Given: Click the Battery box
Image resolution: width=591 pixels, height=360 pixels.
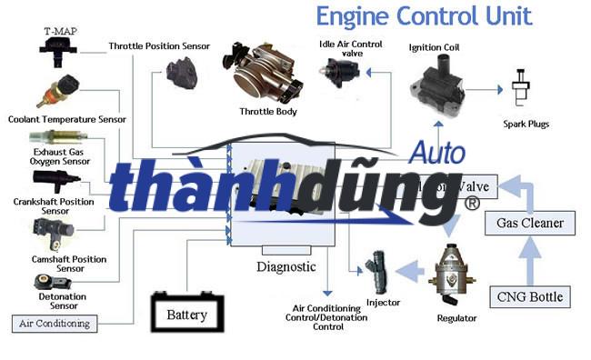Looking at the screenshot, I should (x=186, y=315).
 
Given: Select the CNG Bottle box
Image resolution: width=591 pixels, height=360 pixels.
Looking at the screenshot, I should (x=530, y=296).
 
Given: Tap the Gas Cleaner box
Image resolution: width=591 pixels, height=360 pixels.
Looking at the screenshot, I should (x=530, y=223).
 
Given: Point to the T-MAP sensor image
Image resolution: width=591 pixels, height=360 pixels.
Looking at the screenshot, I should (x=57, y=55).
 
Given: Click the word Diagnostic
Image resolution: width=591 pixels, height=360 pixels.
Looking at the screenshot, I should (x=285, y=267).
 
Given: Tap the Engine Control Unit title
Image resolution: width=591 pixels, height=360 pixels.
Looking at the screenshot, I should (x=424, y=15).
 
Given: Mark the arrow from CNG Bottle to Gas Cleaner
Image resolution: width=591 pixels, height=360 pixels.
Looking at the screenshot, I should (x=530, y=260).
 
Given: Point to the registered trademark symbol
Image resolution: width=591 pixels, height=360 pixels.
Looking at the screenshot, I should (x=472, y=205).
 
